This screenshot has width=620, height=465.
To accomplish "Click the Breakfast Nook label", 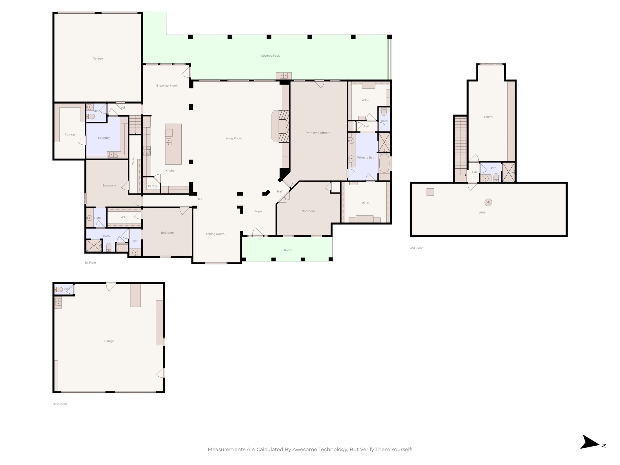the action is click(x=167, y=86).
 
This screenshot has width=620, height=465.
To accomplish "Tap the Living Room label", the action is click(x=233, y=138).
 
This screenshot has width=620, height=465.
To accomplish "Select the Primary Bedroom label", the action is click(x=318, y=133).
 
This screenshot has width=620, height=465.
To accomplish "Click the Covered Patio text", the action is click(x=271, y=56).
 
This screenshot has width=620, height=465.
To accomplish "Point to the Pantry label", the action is click(x=153, y=186).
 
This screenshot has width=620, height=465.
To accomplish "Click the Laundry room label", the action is click(x=104, y=138).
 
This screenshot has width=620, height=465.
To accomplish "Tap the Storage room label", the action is click(x=70, y=134).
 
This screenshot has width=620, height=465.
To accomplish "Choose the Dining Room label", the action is click(x=215, y=234).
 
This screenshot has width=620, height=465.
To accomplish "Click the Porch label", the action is click(x=288, y=250).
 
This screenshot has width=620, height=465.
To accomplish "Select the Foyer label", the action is click(x=258, y=211).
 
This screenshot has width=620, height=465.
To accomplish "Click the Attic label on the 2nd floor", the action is click(x=482, y=213).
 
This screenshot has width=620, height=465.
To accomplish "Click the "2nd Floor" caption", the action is click(x=416, y=248).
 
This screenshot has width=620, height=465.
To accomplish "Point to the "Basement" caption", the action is click(x=60, y=404).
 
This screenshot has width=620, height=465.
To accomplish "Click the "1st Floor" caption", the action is click(x=90, y=262).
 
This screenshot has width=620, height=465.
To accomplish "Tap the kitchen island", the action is click(x=173, y=144).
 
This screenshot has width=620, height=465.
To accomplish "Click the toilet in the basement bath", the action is click(x=58, y=289).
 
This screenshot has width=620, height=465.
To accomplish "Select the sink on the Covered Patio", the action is click(x=284, y=76).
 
